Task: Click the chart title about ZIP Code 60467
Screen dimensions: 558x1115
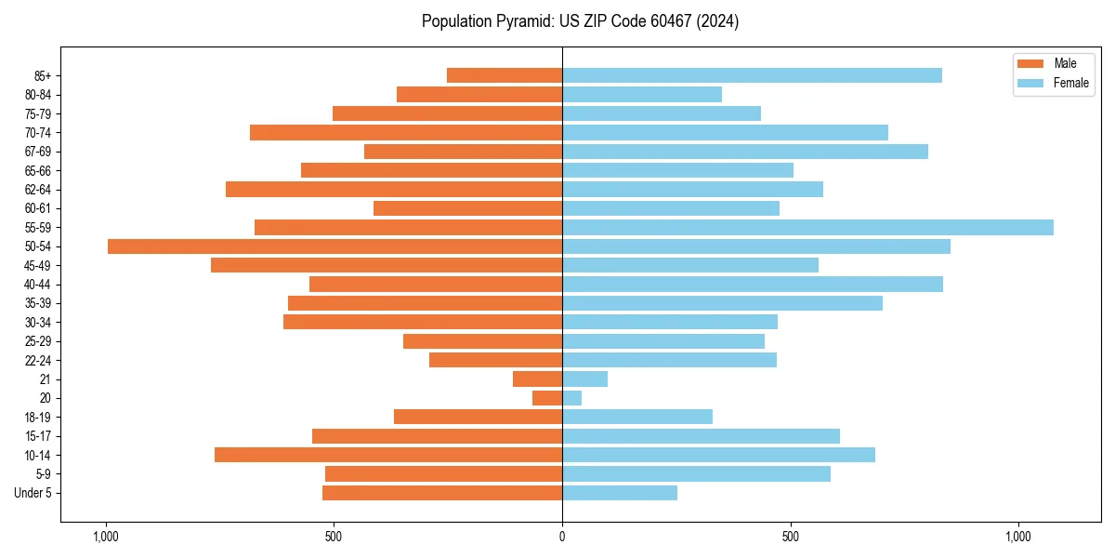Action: (580, 21)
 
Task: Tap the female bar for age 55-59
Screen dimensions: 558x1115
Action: (807, 227)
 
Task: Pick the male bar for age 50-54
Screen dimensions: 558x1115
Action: (334, 246)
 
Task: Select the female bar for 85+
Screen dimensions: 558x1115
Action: (752, 75)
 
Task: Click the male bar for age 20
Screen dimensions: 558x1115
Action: (547, 398)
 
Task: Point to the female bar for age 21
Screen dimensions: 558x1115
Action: (584, 379)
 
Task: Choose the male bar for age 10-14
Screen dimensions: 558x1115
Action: (388, 455)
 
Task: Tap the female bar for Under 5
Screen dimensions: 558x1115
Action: (620, 493)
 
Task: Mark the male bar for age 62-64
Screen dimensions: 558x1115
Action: (394, 189)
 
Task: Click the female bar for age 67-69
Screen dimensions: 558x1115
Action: (745, 152)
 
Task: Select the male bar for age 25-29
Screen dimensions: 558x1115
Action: (482, 341)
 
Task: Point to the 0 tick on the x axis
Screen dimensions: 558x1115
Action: (562, 537)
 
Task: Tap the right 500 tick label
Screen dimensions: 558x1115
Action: (791, 537)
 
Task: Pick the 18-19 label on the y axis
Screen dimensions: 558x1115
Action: (38, 418)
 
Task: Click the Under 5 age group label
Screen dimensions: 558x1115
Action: (33, 493)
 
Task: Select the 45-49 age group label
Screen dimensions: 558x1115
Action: (38, 265)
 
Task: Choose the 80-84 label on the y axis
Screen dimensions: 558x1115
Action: (38, 95)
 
